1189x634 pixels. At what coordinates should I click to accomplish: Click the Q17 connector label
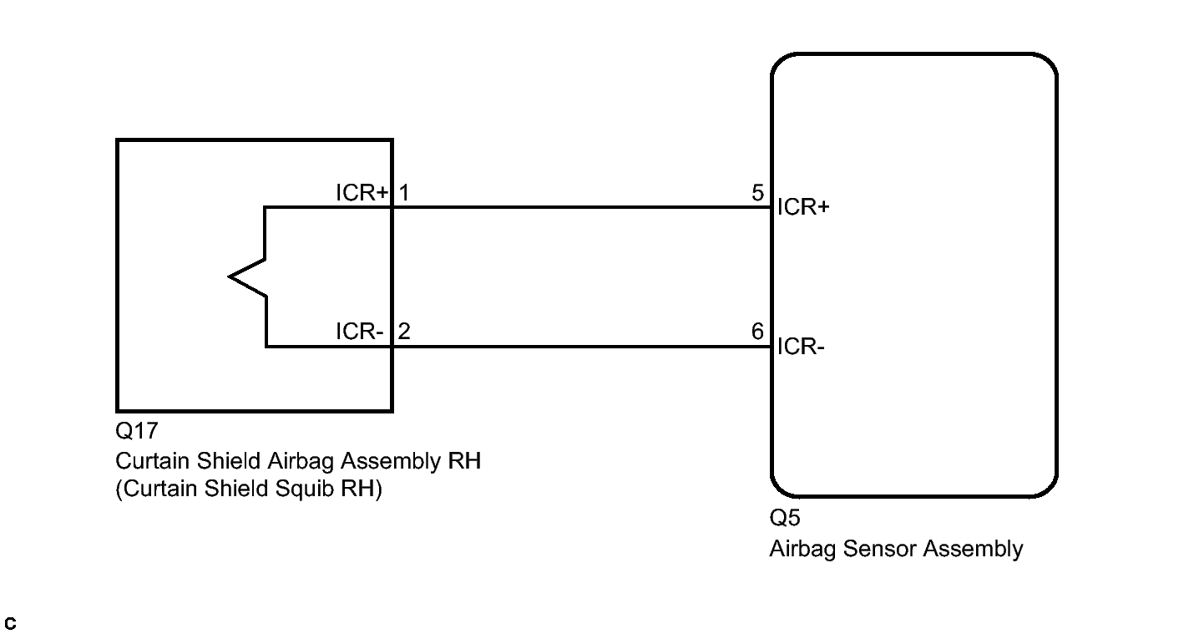pyautogui.click(x=136, y=431)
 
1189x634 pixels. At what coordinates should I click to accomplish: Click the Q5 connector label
pyautogui.click(x=785, y=518)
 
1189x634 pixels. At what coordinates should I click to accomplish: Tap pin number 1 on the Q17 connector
pyautogui.click(x=404, y=193)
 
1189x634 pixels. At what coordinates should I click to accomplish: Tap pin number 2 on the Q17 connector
pyautogui.click(x=404, y=332)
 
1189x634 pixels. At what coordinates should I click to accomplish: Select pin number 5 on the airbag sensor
pyautogui.click(x=757, y=193)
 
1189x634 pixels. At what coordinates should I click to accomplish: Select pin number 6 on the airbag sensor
pyautogui.click(x=757, y=332)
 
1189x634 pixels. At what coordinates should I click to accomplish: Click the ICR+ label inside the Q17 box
pyautogui.click(x=362, y=193)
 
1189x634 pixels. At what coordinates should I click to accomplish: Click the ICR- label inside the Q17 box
pyautogui.click(x=359, y=332)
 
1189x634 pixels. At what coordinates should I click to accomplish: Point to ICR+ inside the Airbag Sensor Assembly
pyautogui.click(x=803, y=207)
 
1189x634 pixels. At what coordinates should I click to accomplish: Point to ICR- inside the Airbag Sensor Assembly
pyautogui.click(x=801, y=347)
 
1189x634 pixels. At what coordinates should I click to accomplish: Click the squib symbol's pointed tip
pyautogui.click(x=230, y=276)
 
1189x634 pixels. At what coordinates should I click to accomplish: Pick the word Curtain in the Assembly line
pyautogui.click(x=153, y=461)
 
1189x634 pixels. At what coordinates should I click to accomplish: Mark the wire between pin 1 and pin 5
pyautogui.click(x=582, y=207)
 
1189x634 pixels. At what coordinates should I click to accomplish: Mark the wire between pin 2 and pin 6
pyautogui.click(x=582, y=347)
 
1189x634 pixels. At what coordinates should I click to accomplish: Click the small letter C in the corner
pyautogui.click(x=10, y=623)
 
